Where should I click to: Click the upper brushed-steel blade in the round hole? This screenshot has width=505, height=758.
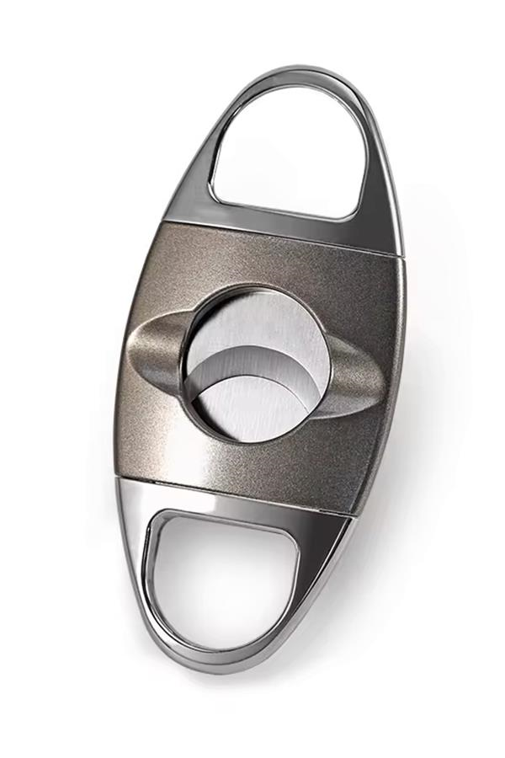[269, 324]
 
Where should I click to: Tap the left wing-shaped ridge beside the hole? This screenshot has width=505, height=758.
[156, 345]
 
